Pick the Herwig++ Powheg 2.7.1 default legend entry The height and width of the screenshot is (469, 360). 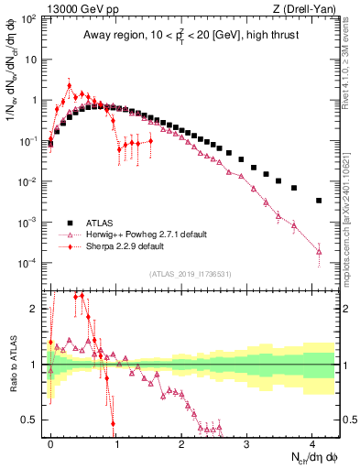pos(150,234)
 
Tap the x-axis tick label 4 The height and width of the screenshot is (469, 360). pos(312,442)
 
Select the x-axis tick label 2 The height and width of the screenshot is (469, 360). pos(181,442)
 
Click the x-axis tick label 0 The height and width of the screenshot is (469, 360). pos(50,442)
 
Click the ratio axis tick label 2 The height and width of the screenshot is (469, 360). pos(35,308)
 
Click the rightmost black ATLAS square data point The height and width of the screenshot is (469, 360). pos(319,200)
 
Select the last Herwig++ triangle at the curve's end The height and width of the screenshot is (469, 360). pos(319,251)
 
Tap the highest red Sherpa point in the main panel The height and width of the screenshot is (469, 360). pos(70,86)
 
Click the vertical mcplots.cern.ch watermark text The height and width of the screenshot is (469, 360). pos(351,211)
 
